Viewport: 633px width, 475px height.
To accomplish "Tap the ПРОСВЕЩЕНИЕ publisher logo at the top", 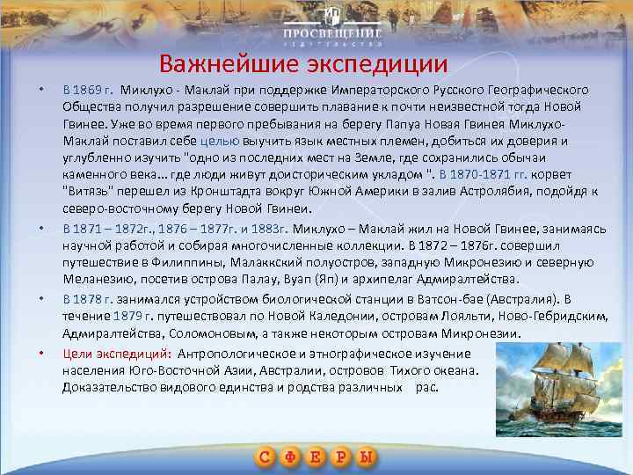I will pyautogui.click(x=331, y=26).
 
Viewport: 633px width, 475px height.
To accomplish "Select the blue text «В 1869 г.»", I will pyautogui.click(x=88, y=90).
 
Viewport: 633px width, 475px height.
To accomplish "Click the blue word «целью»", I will pyautogui.click(x=215, y=140).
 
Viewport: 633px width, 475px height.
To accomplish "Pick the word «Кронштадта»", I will pyautogui.click(x=230, y=191).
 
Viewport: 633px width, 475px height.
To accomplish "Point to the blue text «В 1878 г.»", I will pyautogui.click(x=86, y=299).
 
